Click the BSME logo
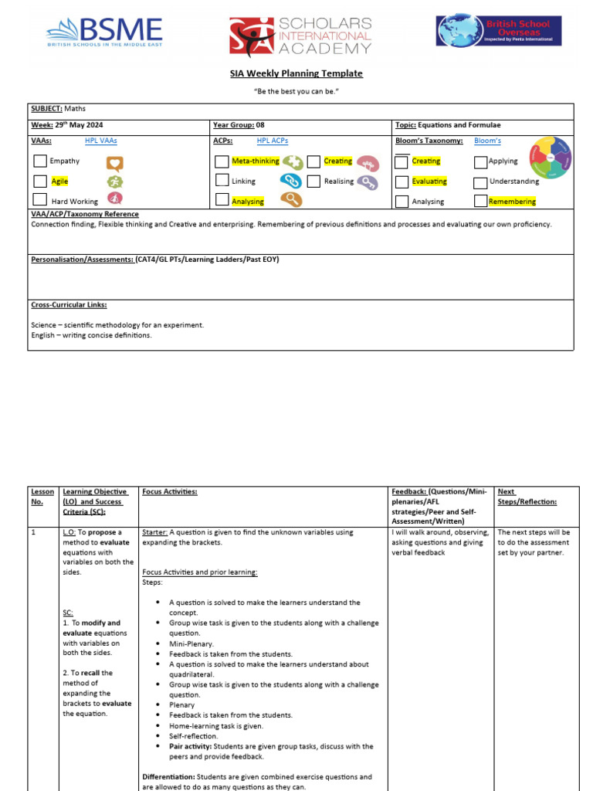[x=104, y=32]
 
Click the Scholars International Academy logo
[x=300, y=36]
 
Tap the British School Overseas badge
[x=499, y=31]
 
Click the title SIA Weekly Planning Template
[x=296, y=73]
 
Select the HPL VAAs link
[x=101, y=141]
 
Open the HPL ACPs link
[x=273, y=141]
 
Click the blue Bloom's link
[x=487, y=141]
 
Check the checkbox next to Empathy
[x=40, y=161]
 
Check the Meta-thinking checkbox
[x=222, y=161]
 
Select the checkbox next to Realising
[x=313, y=182]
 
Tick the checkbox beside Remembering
[x=480, y=202]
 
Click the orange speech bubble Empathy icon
[x=115, y=162]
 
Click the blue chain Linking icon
[x=290, y=181]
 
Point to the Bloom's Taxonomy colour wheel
[x=551, y=158]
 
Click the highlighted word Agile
[x=59, y=182]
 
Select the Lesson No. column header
[x=42, y=496]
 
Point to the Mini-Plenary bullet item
[x=191, y=643]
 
